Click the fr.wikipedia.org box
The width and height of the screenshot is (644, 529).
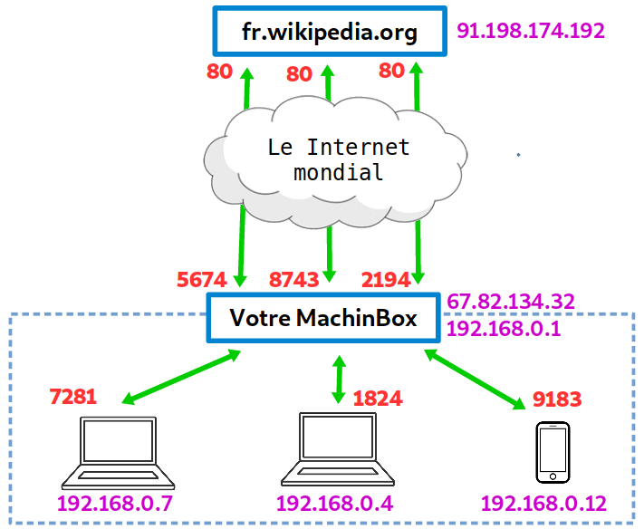(330, 34)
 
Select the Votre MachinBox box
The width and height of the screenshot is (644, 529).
(323, 319)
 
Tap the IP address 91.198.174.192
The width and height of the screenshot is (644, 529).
(531, 31)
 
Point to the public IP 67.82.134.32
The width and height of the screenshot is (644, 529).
(511, 301)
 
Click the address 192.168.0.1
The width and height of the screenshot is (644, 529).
(504, 328)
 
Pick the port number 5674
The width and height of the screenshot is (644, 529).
(202, 279)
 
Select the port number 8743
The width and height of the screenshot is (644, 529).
(294, 279)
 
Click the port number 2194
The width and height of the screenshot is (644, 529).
(386, 279)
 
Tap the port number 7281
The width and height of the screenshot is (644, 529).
(72, 396)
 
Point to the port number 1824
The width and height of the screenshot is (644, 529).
(378, 399)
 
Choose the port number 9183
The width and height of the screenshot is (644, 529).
(556, 399)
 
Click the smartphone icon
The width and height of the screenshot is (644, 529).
(552, 452)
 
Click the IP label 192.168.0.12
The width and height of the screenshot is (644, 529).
(543, 504)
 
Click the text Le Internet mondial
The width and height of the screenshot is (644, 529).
(339, 159)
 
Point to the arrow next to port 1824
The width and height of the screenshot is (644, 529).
(339, 380)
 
